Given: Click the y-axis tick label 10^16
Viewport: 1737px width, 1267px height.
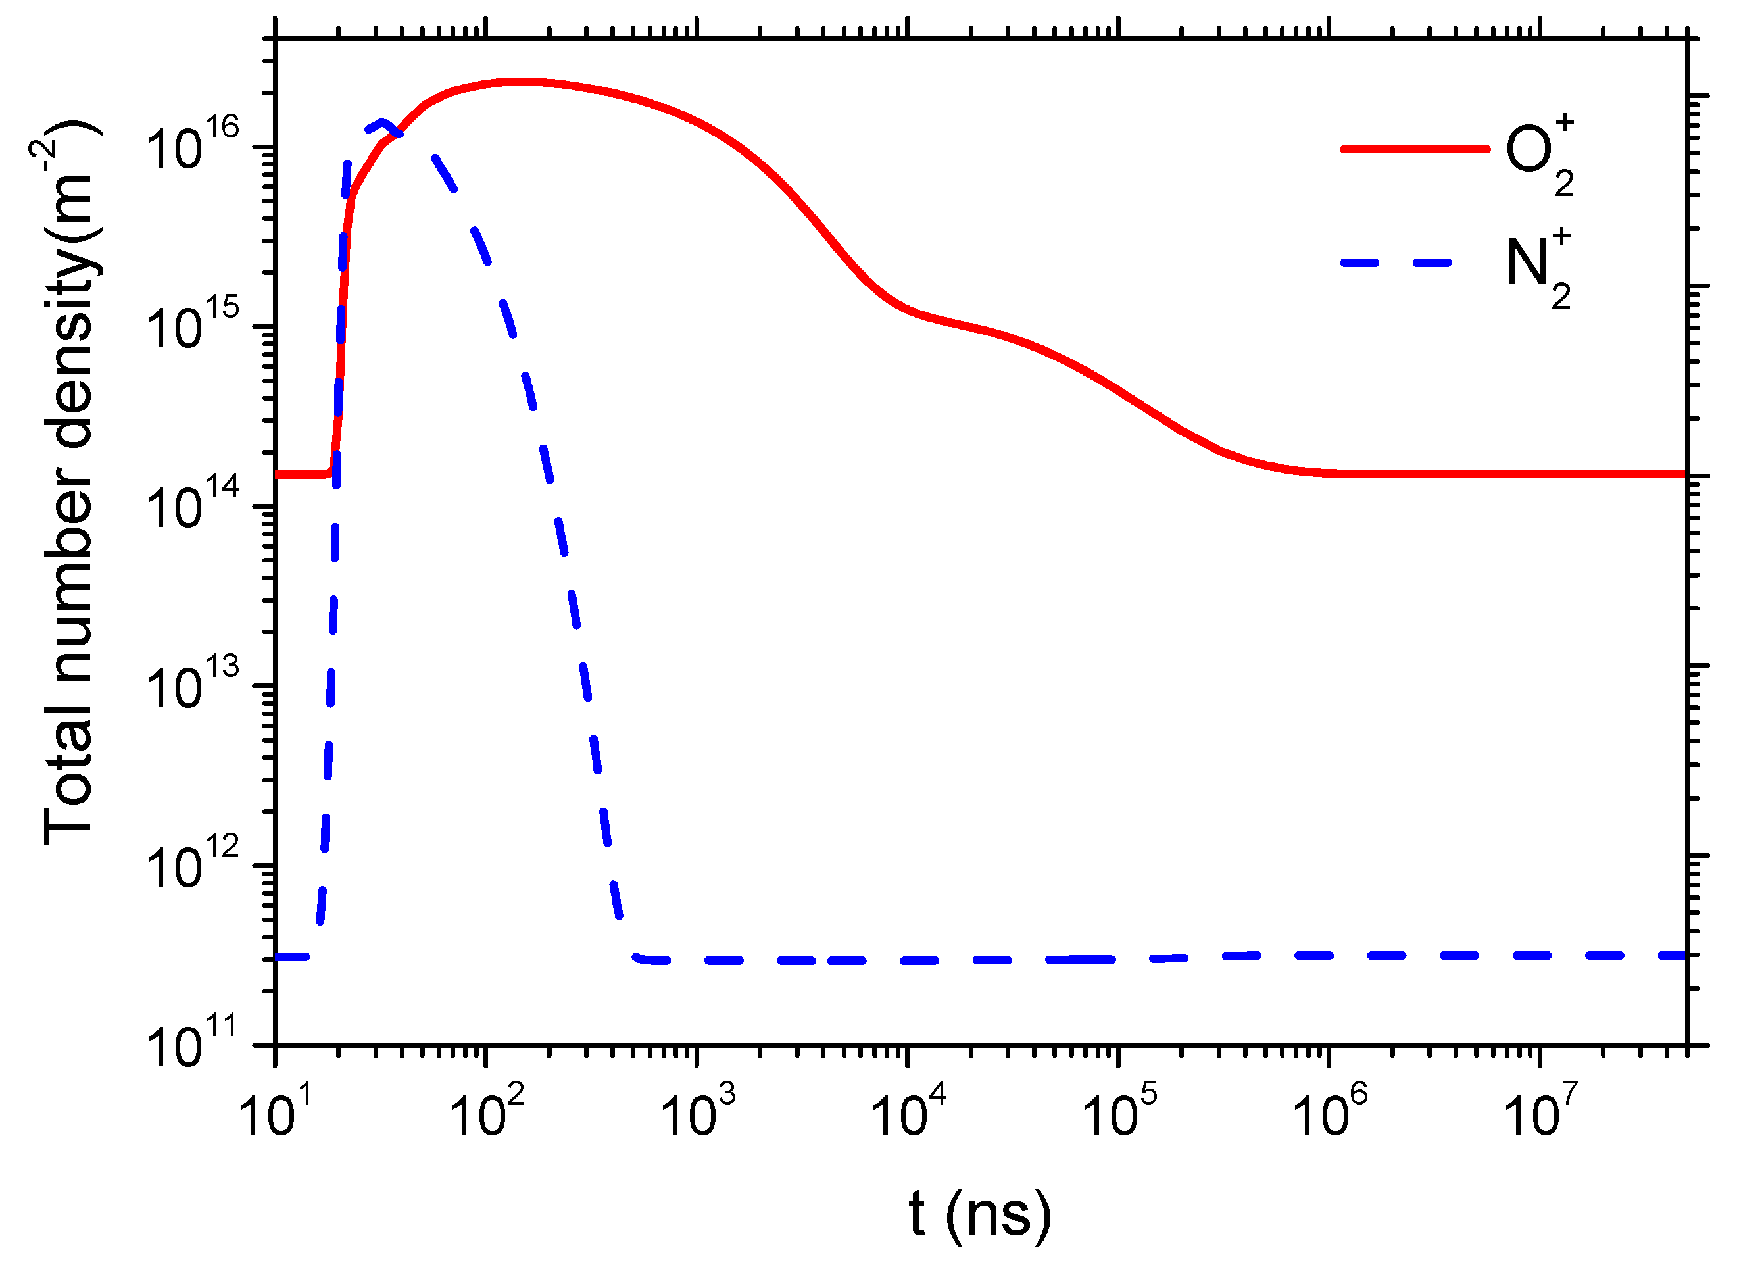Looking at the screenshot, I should [192, 146].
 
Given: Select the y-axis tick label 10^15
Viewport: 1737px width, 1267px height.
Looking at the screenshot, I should [192, 326].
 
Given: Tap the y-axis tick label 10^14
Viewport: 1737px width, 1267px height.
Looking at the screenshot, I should [192, 506].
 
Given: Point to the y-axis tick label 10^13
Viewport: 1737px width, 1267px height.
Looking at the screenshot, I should [192, 686].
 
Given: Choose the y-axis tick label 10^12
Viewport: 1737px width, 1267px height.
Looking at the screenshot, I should [192, 866].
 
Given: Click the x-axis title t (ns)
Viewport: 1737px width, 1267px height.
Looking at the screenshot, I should [979, 1214].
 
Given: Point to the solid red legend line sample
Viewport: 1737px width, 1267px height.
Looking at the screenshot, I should [1415, 149].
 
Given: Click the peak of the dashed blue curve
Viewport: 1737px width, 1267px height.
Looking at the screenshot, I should [383, 123].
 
